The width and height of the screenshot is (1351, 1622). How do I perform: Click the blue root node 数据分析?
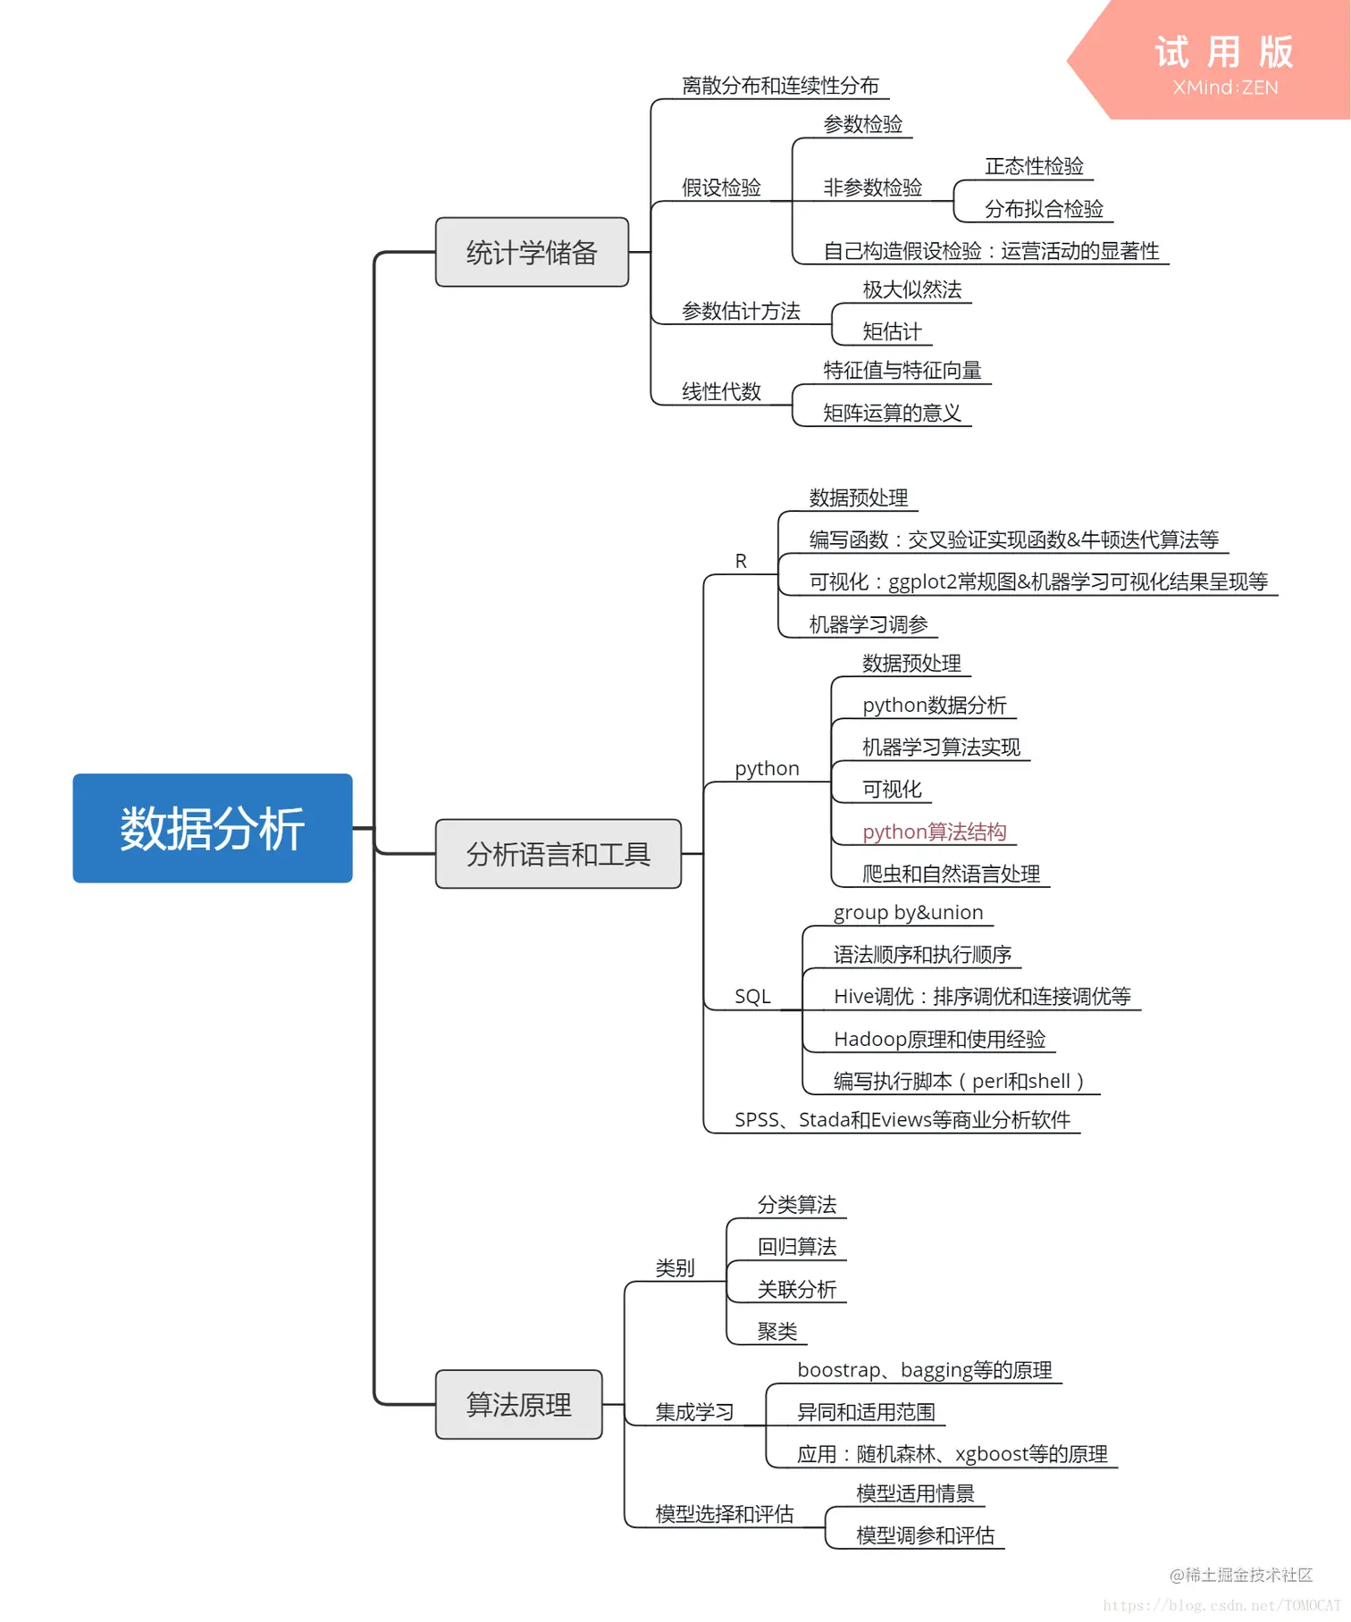[x=213, y=828]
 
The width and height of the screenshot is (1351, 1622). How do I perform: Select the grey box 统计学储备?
[x=532, y=253]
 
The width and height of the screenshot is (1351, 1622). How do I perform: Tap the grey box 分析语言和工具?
[x=558, y=855]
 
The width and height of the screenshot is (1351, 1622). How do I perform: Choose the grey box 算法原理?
[x=518, y=1405]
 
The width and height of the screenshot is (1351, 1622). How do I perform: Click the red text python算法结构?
[x=934, y=832]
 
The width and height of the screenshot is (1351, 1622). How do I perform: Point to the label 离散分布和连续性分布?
[x=780, y=86]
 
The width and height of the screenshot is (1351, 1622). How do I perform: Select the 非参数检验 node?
[x=872, y=188]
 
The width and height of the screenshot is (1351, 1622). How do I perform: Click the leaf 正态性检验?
[x=1034, y=166]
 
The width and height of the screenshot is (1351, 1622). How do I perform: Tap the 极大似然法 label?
[x=911, y=289]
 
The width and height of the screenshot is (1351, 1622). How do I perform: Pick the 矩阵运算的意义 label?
[x=892, y=413]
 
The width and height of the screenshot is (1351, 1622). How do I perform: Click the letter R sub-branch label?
[x=741, y=561]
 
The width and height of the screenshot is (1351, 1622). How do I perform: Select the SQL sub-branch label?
[x=752, y=997]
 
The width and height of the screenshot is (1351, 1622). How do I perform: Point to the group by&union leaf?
[x=908, y=913]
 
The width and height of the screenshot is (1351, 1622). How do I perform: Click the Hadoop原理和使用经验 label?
[x=939, y=1039]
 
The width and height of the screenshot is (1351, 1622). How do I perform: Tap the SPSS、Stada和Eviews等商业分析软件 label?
[x=902, y=1120]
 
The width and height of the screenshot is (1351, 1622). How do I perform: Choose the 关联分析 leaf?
[x=797, y=1289]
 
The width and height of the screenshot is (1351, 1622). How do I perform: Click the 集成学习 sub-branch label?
[x=694, y=1412]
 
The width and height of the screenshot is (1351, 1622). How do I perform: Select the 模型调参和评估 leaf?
[x=925, y=1535]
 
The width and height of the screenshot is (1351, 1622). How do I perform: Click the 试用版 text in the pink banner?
[x=1224, y=52]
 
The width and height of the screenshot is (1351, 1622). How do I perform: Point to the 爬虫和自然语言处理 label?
[x=951, y=874]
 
